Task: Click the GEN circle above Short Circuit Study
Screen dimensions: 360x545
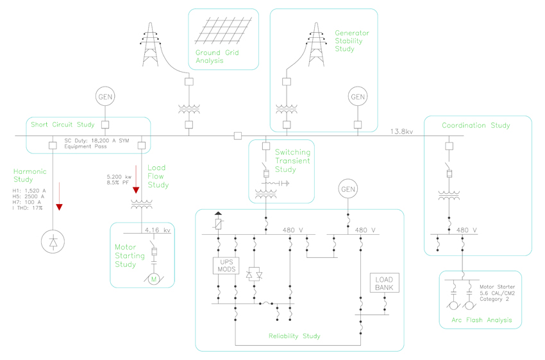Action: [x=105, y=97]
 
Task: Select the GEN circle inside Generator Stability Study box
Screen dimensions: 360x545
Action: [x=357, y=97]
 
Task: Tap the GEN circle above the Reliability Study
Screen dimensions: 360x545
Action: [x=348, y=189]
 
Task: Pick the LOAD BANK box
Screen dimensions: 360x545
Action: [x=385, y=283]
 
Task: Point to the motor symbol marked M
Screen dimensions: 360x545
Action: [x=154, y=279]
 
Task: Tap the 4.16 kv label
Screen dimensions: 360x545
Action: [x=157, y=230]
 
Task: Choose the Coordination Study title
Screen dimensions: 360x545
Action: [x=476, y=125]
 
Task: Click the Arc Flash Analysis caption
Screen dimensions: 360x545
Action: [x=480, y=320]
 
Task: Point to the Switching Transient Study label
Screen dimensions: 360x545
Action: [x=292, y=161]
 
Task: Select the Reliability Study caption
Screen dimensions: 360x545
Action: [x=294, y=336]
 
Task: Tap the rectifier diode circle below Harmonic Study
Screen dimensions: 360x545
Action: [x=53, y=242]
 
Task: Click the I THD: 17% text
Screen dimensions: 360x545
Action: [x=28, y=209]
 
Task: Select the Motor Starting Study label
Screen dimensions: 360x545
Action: [x=125, y=255]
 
